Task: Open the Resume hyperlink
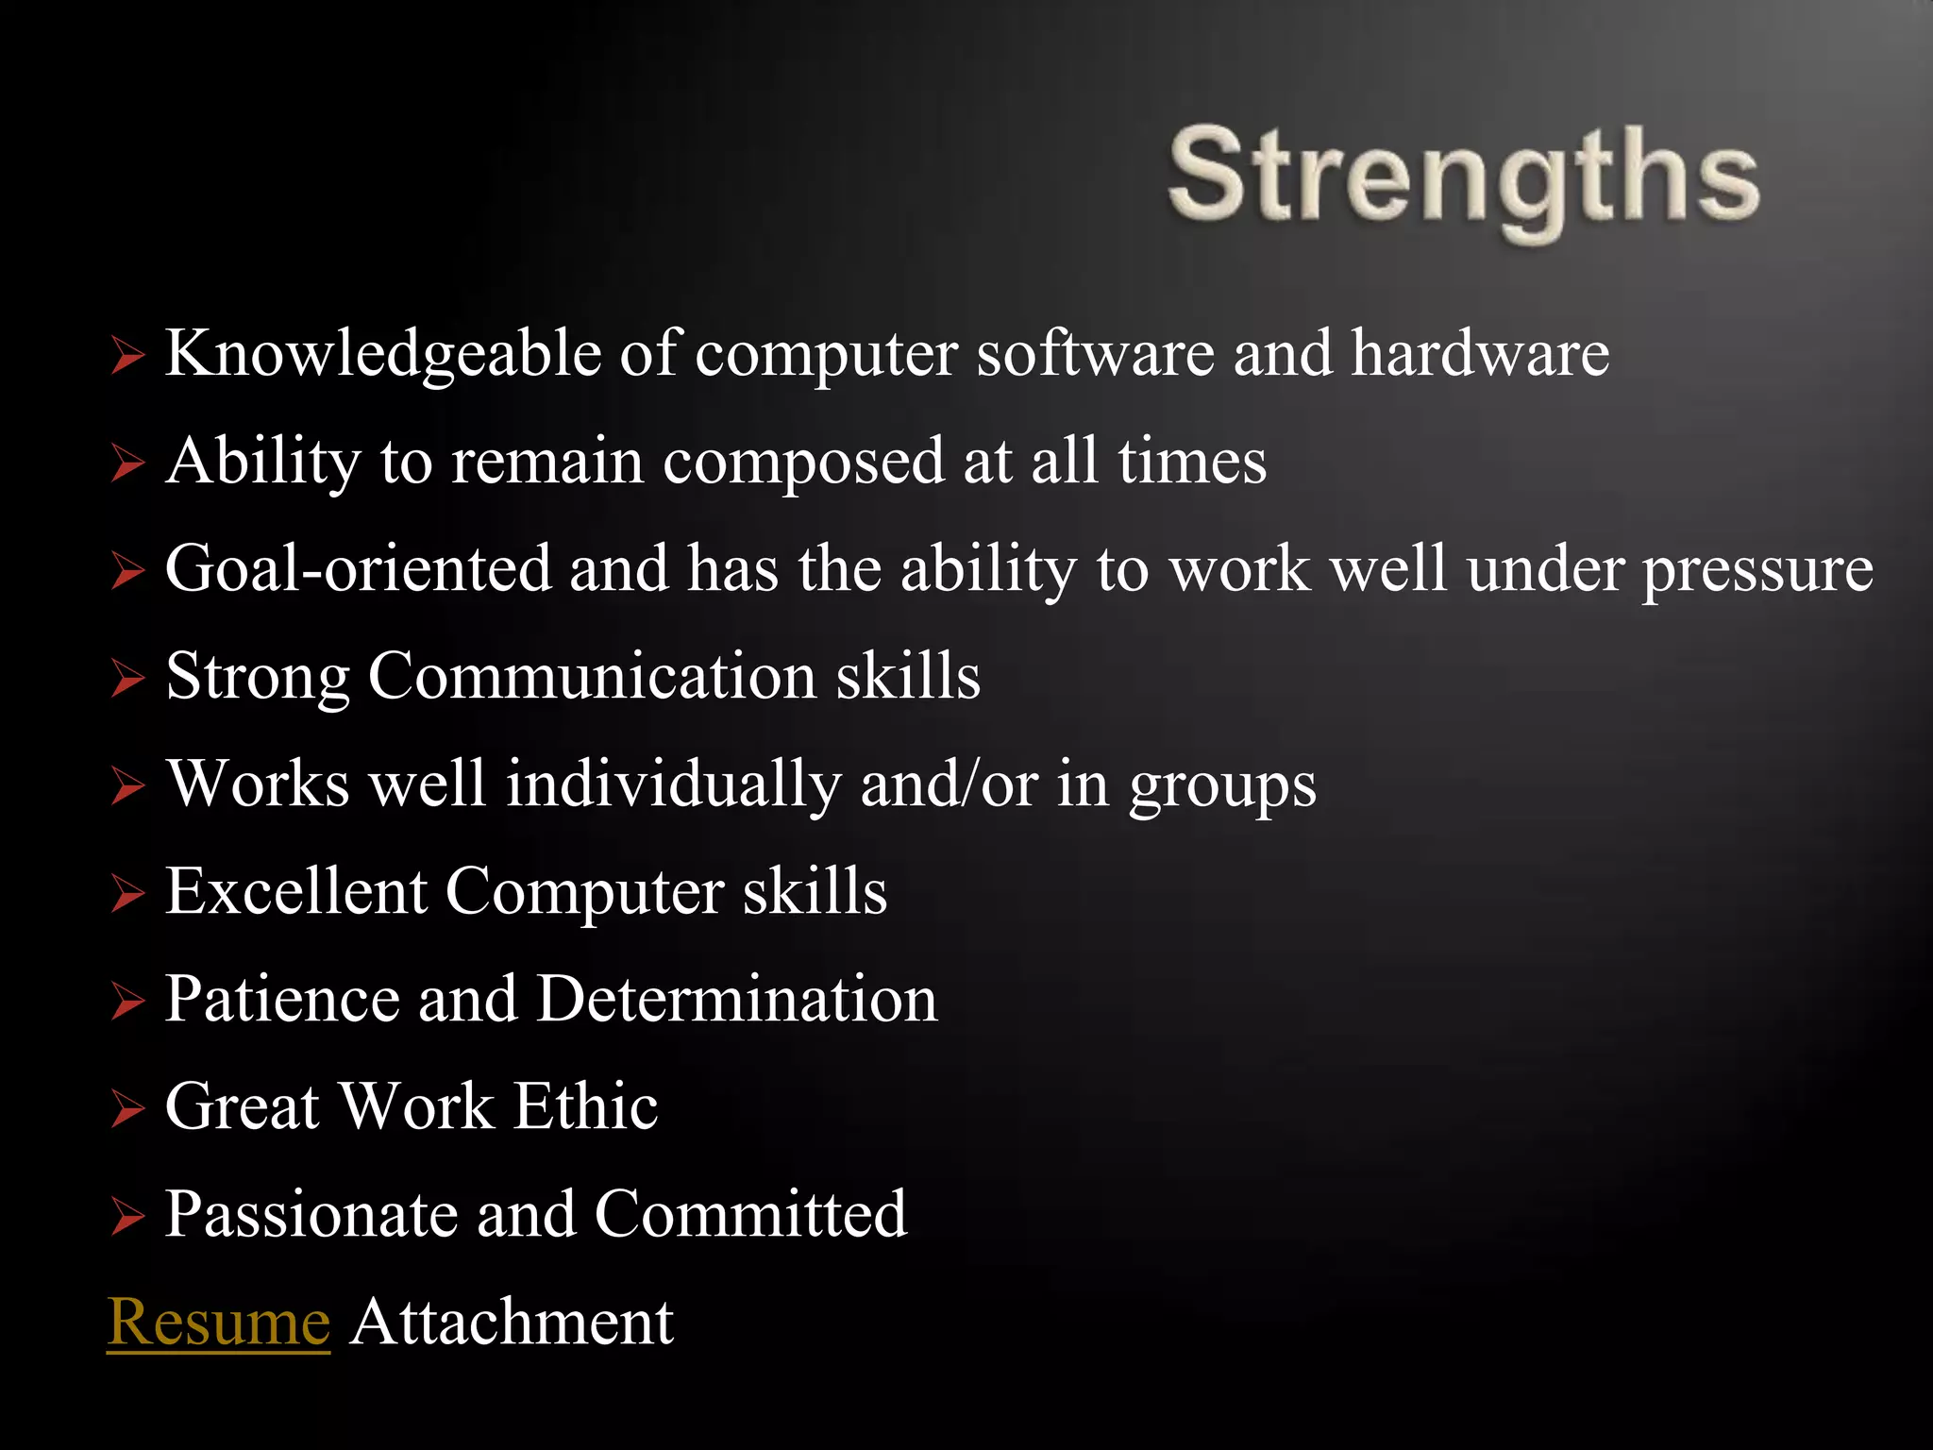pyautogui.click(x=218, y=1322)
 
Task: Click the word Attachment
pyautogui.click(x=512, y=1322)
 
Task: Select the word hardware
pyautogui.click(x=1479, y=353)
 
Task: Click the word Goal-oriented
pyautogui.click(x=358, y=569)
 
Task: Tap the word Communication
pyautogui.click(x=592, y=677)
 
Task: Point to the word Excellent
pyautogui.click(x=295, y=891)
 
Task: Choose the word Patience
pyautogui.click(x=282, y=999)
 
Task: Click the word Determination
pyautogui.click(x=737, y=999)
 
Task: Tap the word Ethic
pyautogui.click(x=585, y=1106)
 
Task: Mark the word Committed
pyautogui.click(x=750, y=1214)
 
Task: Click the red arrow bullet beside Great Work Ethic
pyautogui.click(x=127, y=1109)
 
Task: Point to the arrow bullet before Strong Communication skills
pyautogui.click(x=127, y=679)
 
